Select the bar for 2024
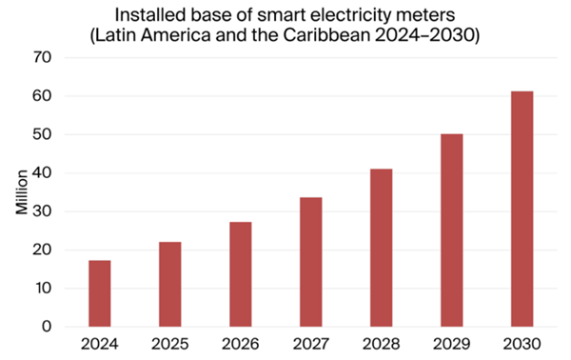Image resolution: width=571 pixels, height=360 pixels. click(100, 293)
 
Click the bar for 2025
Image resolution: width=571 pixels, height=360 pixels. click(170, 285)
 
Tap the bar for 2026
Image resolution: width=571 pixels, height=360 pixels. click(240, 274)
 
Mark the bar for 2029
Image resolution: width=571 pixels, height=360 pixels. click(451, 230)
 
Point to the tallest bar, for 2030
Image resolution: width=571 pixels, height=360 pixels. click(522, 210)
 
